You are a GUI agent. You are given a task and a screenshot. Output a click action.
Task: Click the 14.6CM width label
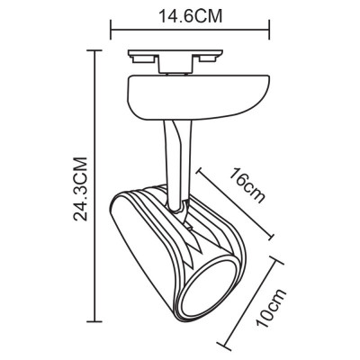click(x=191, y=15)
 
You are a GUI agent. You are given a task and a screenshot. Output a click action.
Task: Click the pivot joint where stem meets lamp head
click(x=183, y=209)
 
